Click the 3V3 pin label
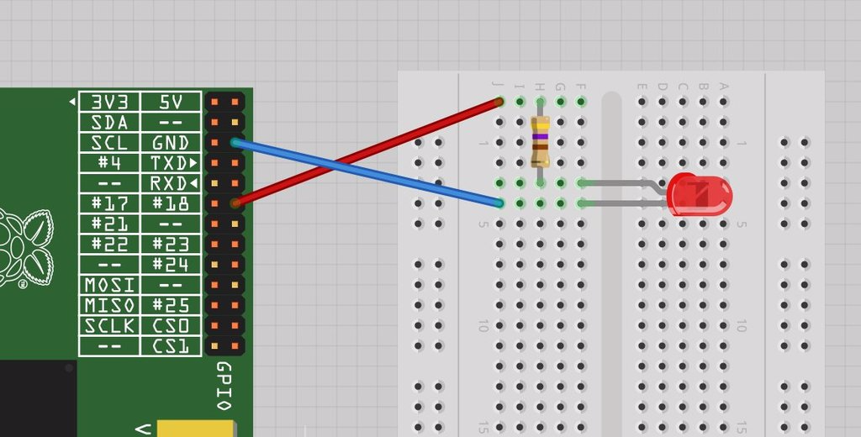point(109,102)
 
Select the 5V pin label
point(171,102)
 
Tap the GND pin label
point(171,142)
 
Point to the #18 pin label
point(171,203)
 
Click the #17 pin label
point(109,203)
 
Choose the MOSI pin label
point(109,285)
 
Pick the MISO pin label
point(109,305)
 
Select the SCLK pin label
point(109,325)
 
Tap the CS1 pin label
point(171,345)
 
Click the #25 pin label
point(171,305)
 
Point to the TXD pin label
point(171,163)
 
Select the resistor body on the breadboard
point(540,142)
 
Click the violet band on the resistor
point(540,136)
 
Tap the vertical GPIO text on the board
point(224,386)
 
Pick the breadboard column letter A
point(723,86)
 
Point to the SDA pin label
point(109,122)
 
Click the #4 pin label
point(109,163)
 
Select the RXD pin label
point(171,183)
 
